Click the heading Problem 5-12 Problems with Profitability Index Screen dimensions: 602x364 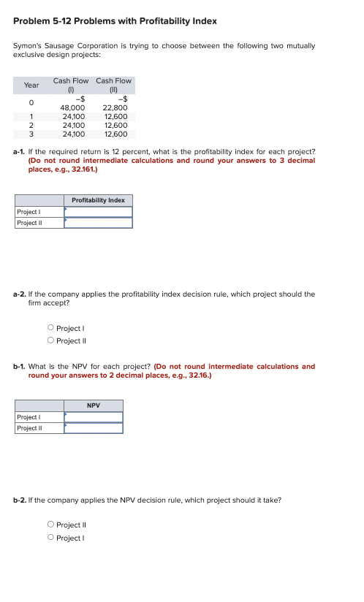[115, 20]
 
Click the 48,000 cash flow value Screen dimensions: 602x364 [72, 107]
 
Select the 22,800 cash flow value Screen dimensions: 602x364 [115, 107]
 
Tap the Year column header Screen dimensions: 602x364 [31, 85]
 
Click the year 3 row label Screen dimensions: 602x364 [31, 134]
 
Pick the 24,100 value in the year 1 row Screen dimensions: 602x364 [73, 116]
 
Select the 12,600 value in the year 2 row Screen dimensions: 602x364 [116, 125]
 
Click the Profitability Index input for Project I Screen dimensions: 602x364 [98, 212]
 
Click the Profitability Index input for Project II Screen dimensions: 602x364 [98, 223]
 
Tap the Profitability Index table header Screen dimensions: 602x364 [98, 200]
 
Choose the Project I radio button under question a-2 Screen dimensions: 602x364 [50, 329]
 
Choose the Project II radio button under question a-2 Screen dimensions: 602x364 [50, 340]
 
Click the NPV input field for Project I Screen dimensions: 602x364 [93, 417]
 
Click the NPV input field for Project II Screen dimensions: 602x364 [93, 428]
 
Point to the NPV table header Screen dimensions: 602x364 [93, 405]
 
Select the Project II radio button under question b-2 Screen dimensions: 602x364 [50, 525]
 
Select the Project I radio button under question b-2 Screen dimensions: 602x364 [50, 538]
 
